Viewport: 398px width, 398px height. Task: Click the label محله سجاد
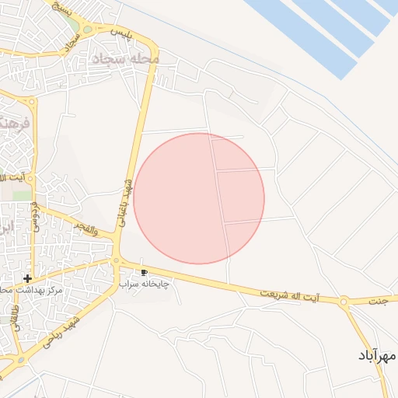(125, 59)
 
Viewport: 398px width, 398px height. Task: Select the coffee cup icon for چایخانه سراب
(144, 272)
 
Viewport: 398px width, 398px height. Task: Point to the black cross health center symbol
(27, 278)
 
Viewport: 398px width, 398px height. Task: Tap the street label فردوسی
(35, 218)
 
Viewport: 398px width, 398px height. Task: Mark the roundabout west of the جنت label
(343, 301)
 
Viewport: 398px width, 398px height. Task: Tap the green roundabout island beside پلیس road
(86, 30)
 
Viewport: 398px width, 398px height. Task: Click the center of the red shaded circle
(199, 198)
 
